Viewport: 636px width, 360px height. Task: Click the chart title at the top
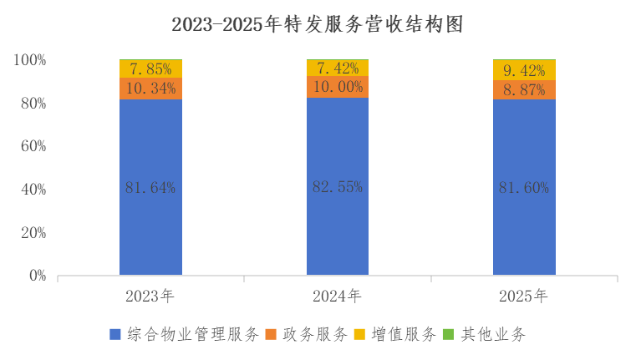coord(317,25)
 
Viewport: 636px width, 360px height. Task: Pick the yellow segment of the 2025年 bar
coord(524,70)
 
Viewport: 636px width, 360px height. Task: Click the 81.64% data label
coord(150,188)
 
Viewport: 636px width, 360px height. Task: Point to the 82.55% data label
coord(338,187)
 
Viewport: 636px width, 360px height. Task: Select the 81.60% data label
coord(524,188)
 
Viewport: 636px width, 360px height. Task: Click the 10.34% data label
coord(150,88)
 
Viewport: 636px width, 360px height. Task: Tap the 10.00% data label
coord(338,87)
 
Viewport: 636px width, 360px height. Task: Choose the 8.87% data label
coord(524,89)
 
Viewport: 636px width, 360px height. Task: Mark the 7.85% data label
coord(150,68)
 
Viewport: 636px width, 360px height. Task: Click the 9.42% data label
coord(524,70)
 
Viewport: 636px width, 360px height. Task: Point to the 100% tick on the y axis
coord(29,60)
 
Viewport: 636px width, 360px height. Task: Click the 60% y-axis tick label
coord(33,146)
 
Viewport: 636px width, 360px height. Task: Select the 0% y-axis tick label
coord(37,276)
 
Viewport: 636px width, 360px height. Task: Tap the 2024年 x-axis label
coord(337,296)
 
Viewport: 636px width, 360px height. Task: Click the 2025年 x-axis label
coord(523,296)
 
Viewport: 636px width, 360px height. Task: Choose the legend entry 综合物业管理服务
coord(192,335)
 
